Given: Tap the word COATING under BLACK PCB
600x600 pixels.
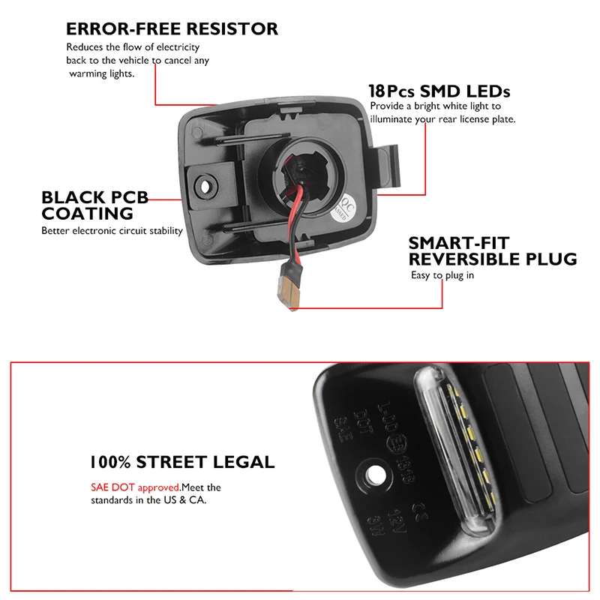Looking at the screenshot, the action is point(88,214).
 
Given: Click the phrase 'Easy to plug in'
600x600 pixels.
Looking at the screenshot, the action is point(442,275).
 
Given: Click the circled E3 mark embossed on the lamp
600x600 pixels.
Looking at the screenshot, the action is point(391,444).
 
